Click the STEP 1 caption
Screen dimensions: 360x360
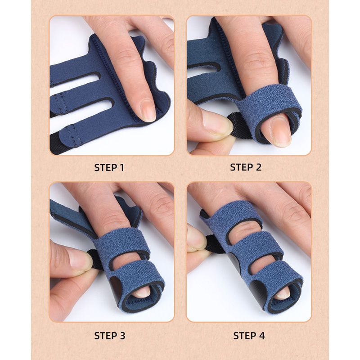109,167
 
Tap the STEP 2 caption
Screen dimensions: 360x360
246,167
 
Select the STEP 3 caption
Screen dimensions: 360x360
110,336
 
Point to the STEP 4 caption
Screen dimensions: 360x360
249,336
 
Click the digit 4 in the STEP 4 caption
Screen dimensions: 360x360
261,336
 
